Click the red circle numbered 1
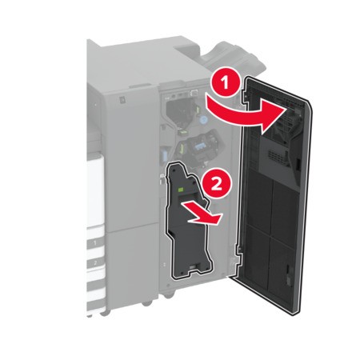[226, 83]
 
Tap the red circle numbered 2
[217, 183]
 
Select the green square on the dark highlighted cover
[181, 190]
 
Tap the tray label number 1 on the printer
[95, 243]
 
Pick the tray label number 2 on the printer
[95, 262]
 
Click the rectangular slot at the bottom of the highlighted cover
[194, 266]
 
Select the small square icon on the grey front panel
[122, 100]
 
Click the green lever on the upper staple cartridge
[198, 110]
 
